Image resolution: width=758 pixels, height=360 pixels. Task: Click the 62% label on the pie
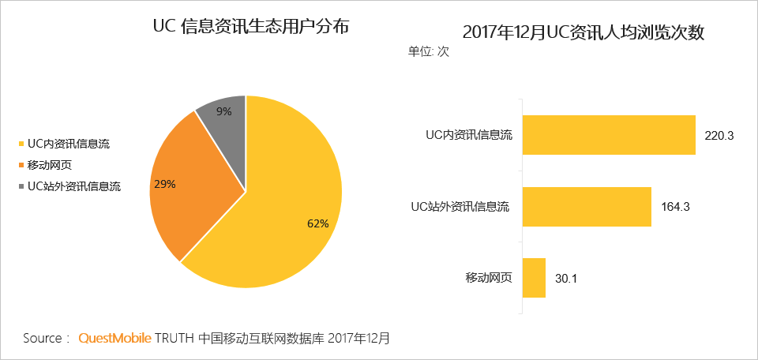click(x=317, y=223)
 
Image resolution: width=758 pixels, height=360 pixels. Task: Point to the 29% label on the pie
click(x=165, y=184)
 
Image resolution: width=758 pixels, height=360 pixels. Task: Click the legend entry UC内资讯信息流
click(x=69, y=144)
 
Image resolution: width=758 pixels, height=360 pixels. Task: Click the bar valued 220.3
click(x=608, y=135)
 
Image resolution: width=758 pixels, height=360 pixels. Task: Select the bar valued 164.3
click(x=586, y=207)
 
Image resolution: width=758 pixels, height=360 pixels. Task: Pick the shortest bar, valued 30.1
click(x=533, y=278)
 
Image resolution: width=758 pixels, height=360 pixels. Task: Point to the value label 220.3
click(x=719, y=136)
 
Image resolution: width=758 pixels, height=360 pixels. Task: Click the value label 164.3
click(x=675, y=208)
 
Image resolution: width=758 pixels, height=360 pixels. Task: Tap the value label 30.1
click(x=568, y=279)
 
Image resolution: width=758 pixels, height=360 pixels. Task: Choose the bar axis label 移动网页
click(x=489, y=278)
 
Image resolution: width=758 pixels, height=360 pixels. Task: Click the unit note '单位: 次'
click(x=428, y=51)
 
